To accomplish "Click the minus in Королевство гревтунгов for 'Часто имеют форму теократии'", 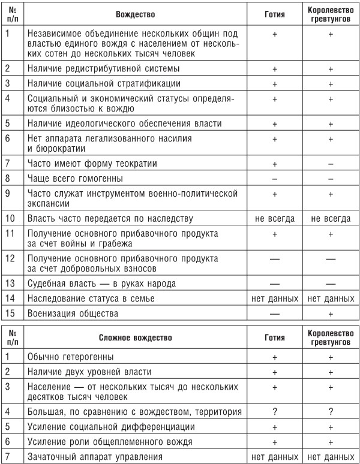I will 331,163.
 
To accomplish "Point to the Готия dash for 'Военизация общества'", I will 274,312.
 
